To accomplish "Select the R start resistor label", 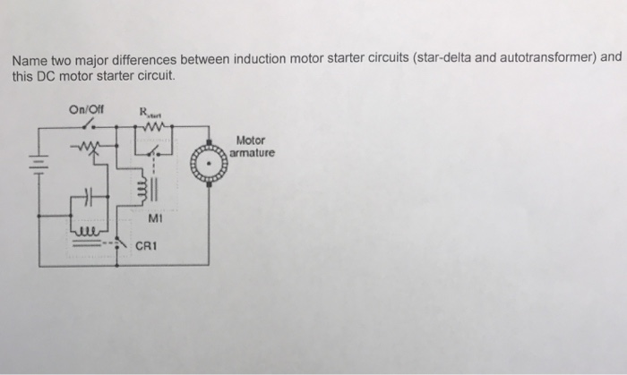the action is (147, 112).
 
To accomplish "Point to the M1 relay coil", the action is (139, 190).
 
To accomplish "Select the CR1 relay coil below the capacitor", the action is (88, 228).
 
